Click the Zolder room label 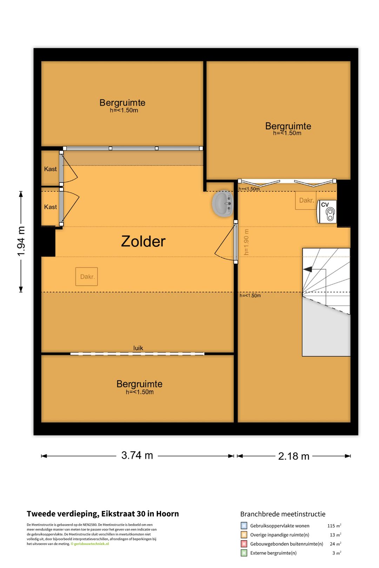143,241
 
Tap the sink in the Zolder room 222,204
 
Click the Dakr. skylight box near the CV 306,200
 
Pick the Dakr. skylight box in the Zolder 87,276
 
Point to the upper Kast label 50,169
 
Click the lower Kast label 50,207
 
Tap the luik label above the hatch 138,348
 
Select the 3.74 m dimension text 137,455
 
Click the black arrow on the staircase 308,269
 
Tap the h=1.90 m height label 246,242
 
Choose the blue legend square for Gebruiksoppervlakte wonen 244,525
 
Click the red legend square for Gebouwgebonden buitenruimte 244,544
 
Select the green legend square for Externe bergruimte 244,553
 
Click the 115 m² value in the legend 334,526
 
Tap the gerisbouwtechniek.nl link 91,544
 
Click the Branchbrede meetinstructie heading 283,514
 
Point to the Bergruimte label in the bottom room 139,384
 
